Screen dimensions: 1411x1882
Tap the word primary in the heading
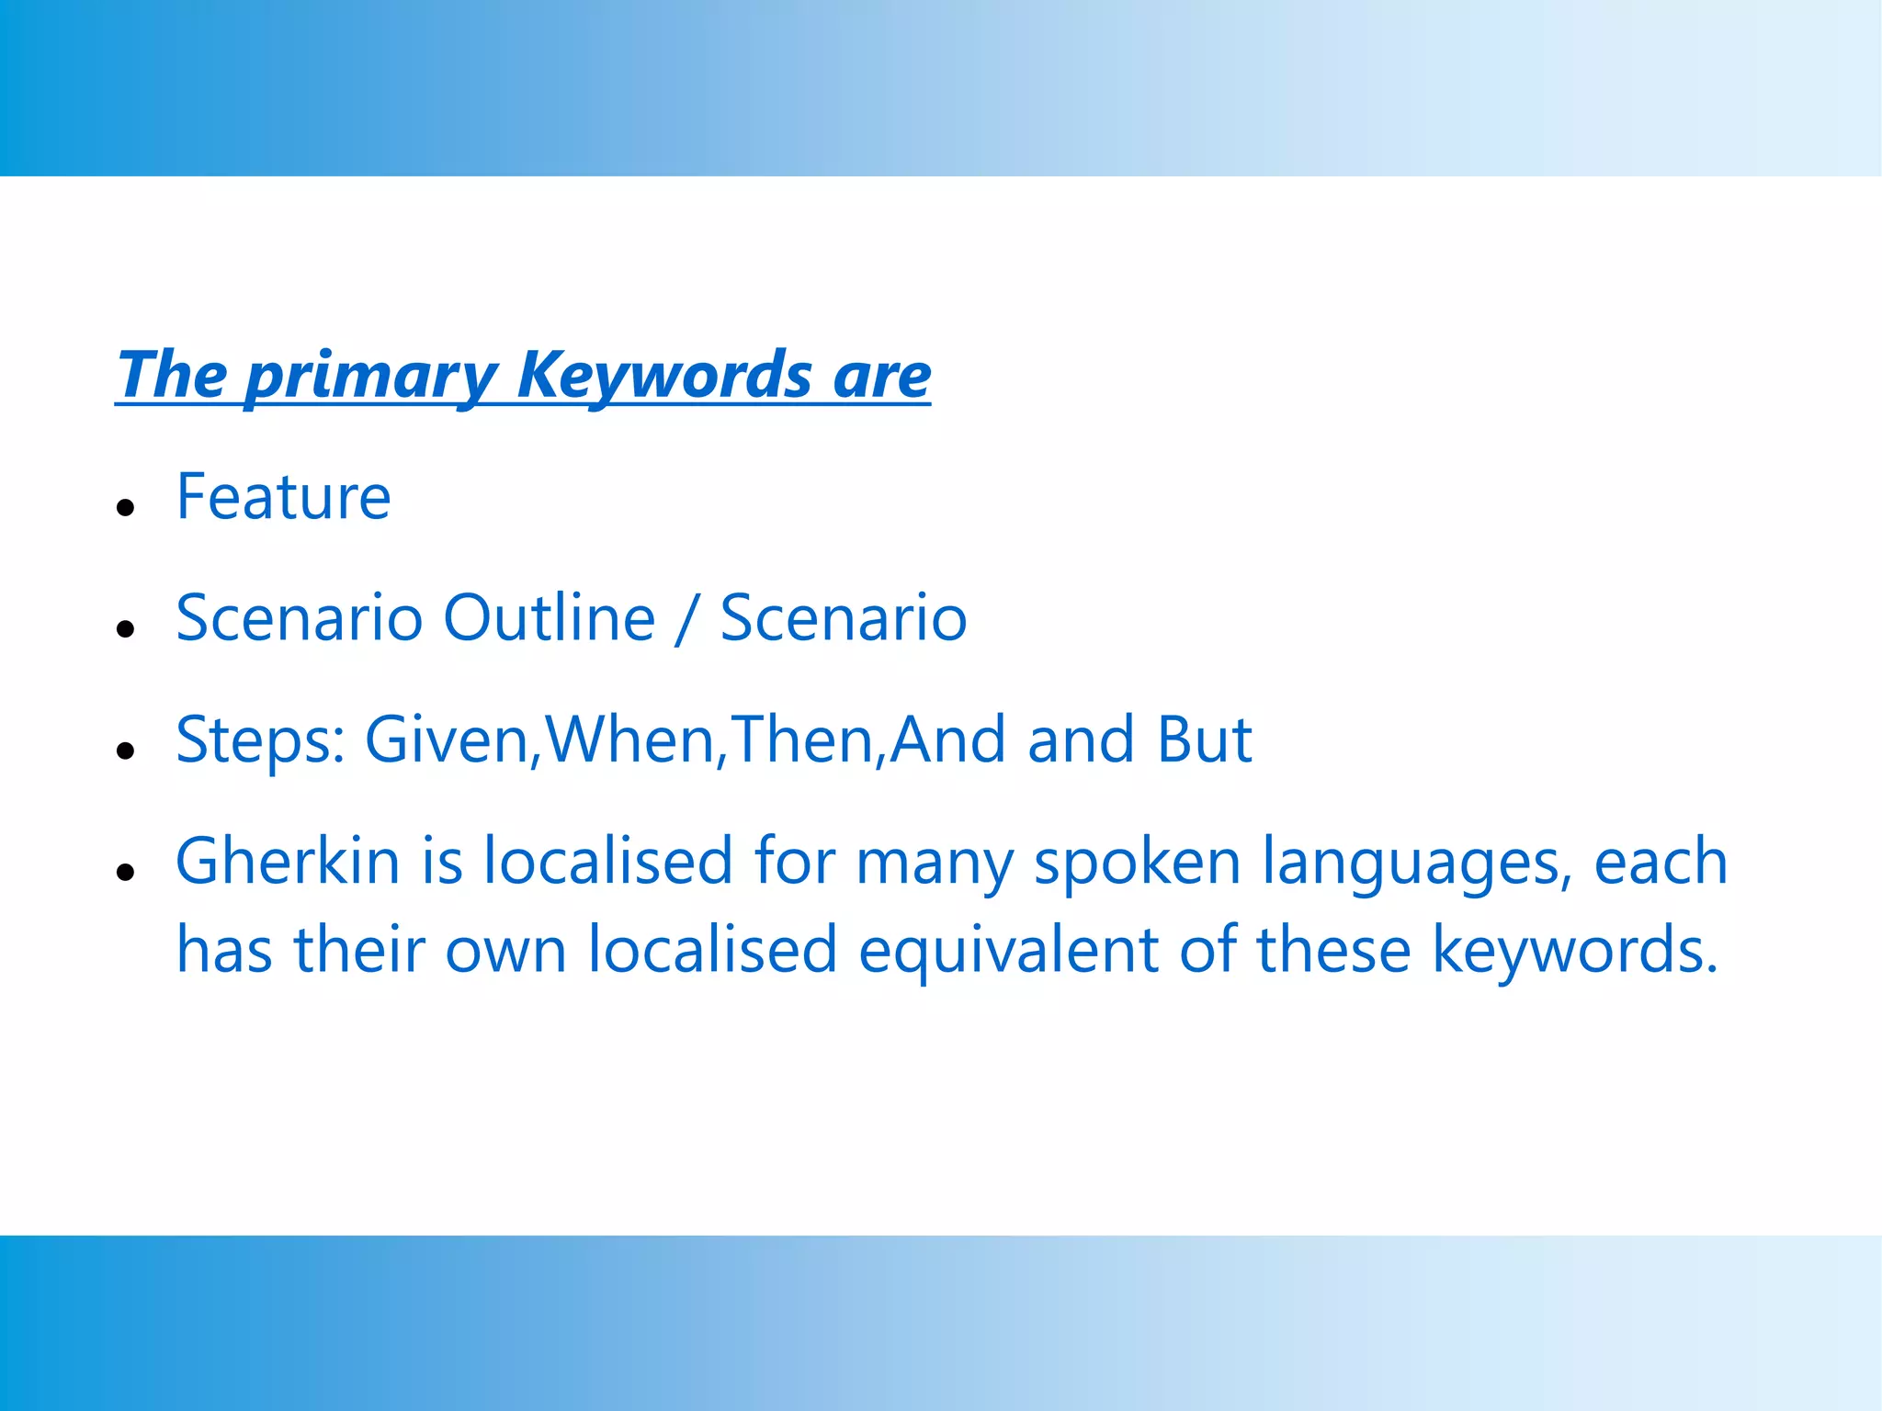(371, 377)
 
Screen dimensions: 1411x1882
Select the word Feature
(283, 497)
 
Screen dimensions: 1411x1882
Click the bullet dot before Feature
(127, 507)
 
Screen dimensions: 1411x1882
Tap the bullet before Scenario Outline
(127, 628)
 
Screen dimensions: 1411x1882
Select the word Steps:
(260, 740)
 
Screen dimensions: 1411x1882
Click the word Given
(447, 739)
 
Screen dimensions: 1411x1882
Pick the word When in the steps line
(630, 739)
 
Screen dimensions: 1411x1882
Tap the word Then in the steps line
(801, 739)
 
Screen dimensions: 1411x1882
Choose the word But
(1204, 739)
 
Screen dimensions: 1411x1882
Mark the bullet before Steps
(127, 751)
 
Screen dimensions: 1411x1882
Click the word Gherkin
(288, 862)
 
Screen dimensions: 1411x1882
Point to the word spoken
(1137, 864)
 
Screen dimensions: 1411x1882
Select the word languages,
(1416, 864)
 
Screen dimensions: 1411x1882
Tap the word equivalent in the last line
(1007, 950)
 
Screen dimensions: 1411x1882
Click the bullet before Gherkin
(127, 872)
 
